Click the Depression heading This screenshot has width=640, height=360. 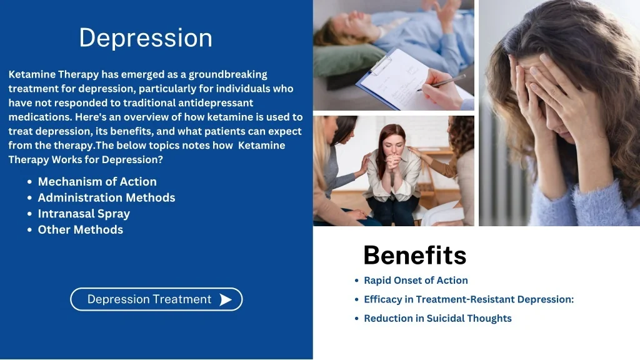(146, 38)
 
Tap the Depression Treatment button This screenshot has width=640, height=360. (156, 299)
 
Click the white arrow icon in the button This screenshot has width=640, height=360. (226, 299)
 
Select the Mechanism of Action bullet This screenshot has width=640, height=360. (97, 182)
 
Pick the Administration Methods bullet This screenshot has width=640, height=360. (106, 197)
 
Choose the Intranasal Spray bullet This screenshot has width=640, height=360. (84, 214)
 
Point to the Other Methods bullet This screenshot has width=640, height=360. (81, 230)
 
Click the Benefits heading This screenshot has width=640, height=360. (415, 256)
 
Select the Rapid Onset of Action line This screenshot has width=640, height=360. (416, 281)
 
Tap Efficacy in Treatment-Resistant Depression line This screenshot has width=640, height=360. (469, 299)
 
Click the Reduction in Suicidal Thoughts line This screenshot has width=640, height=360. (437, 318)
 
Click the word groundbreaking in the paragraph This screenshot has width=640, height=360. (227, 75)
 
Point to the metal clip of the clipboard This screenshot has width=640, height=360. (381, 65)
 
